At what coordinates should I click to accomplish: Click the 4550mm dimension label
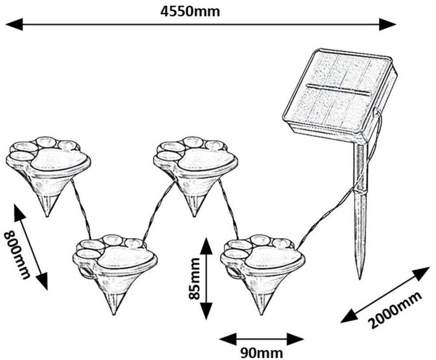click(x=190, y=12)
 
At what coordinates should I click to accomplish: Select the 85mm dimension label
click(x=195, y=278)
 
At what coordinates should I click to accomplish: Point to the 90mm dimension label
click(x=261, y=353)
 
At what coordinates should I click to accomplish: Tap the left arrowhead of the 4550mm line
click(x=14, y=24)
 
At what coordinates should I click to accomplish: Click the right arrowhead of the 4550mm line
click(x=387, y=24)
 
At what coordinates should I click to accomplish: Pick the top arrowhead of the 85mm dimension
click(x=206, y=246)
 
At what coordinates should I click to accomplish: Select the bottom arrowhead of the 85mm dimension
click(x=206, y=311)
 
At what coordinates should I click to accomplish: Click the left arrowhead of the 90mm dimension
click(x=228, y=339)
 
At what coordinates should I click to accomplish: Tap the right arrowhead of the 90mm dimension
click(x=295, y=339)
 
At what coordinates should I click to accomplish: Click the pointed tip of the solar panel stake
click(x=360, y=278)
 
